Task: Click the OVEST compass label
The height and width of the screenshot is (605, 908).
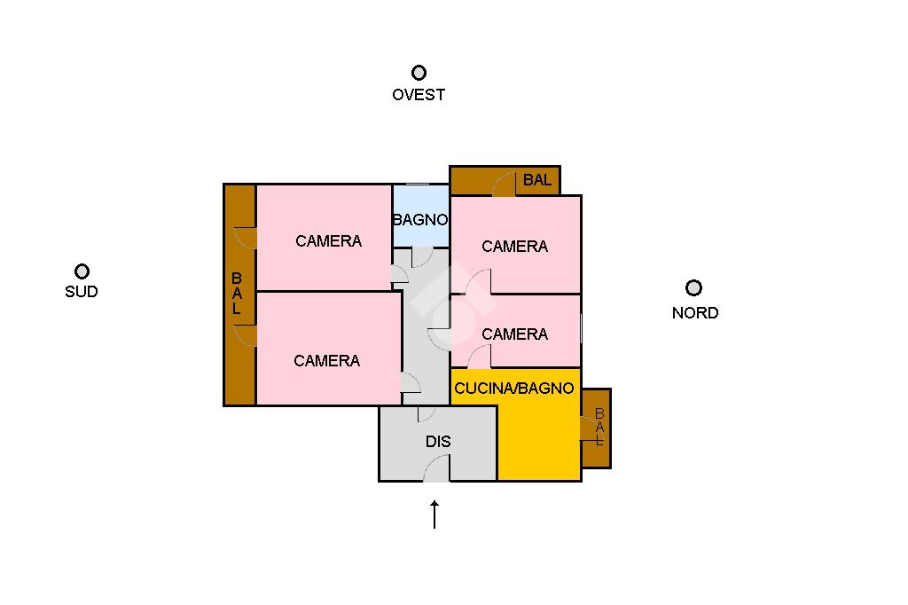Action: click(x=419, y=94)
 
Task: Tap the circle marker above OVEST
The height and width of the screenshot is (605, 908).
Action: click(x=419, y=73)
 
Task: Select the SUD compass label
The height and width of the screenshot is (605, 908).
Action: click(x=81, y=291)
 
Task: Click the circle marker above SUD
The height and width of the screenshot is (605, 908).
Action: click(x=82, y=271)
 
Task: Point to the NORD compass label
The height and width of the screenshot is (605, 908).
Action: click(x=695, y=313)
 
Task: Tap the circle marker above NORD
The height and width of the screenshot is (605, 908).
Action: click(x=693, y=287)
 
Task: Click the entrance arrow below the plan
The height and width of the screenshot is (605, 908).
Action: click(x=434, y=514)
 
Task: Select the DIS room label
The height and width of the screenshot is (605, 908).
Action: click(x=438, y=442)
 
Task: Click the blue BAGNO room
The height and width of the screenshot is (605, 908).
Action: click(x=421, y=216)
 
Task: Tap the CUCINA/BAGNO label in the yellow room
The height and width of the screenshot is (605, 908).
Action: click(x=514, y=389)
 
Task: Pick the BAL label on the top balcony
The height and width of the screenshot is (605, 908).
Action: click(x=536, y=180)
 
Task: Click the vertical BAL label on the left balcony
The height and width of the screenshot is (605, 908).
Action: click(x=237, y=294)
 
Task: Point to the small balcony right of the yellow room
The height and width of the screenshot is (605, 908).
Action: click(x=597, y=428)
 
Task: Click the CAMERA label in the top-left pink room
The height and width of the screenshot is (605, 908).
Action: click(x=328, y=241)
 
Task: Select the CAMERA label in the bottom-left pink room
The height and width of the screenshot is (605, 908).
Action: click(x=326, y=361)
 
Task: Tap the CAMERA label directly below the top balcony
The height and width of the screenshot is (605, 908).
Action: click(x=515, y=247)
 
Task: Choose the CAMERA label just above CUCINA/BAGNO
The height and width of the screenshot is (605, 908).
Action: click(x=515, y=334)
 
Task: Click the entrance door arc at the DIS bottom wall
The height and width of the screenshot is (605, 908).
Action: click(x=437, y=467)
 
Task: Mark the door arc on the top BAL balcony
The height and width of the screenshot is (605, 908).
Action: click(x=505, y=185)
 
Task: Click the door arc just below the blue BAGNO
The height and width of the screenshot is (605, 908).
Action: click(x=422, y=257)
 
